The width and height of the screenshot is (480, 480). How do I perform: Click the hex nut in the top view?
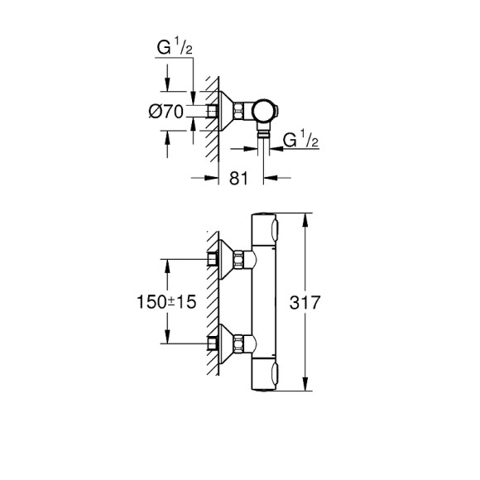[239, 111]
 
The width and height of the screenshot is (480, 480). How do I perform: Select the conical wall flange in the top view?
[222, 111]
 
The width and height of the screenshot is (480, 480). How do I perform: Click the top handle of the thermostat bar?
[267, 228]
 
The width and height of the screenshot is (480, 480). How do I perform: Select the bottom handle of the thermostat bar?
[267, 376]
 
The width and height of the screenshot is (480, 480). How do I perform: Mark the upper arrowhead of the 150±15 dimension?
[168, 263]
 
